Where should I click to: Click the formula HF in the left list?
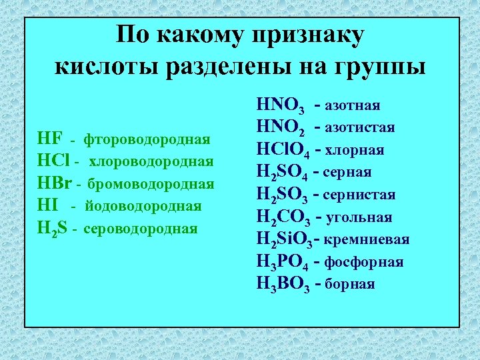click(50, 139)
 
